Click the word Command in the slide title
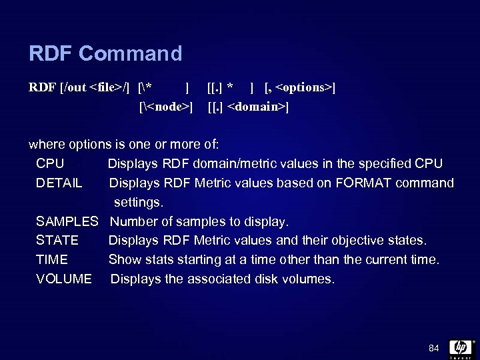pos(130,53)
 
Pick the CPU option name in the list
pos(50,164)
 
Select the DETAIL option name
pos(59,183)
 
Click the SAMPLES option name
pos(67,221)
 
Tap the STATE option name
pos(57,240)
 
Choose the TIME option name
pos(52,259)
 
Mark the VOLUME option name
pos(64,279)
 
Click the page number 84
pos(434,348)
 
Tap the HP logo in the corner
pos(460,347)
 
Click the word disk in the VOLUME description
pos(270,279)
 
